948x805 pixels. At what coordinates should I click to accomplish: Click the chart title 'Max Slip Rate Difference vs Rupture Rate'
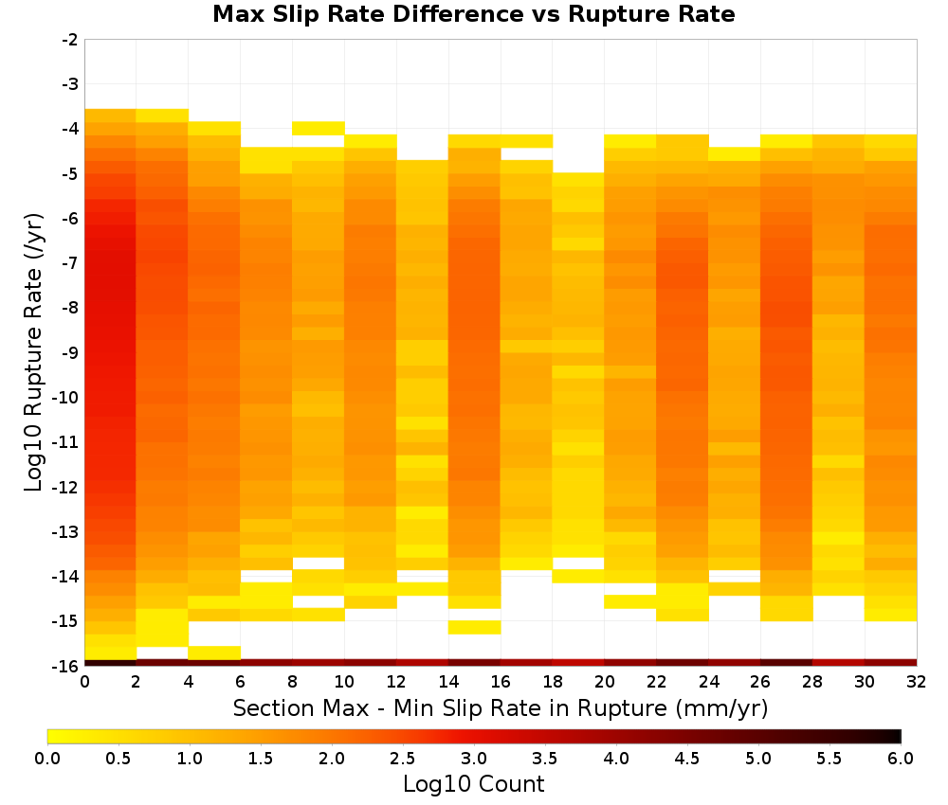pos(473,14)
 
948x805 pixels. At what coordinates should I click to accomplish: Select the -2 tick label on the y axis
pos(71,40)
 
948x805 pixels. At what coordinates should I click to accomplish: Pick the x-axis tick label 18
pos(553,682)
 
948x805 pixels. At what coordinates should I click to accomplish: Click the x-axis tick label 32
pos(917,682)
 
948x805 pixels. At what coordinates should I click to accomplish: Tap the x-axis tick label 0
pos(84,682)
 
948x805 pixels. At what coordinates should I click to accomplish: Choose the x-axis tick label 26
pos(760,682)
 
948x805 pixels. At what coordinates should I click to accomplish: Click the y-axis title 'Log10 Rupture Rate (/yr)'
pos(34,352)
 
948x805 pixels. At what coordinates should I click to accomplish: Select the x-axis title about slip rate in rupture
pos(501,708)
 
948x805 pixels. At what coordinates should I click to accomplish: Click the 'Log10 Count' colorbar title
pos(473,784)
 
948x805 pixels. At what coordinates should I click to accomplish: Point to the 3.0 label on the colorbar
pos(474,759)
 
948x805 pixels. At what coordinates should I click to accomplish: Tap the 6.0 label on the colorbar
pos(901,759)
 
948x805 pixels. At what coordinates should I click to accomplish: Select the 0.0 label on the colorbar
pos(47,759)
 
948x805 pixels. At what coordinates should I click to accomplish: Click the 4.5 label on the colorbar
pos(687,759)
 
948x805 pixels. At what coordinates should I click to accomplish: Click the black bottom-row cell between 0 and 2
pos(111,663)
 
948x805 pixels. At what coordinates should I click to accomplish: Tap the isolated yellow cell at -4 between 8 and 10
pos(319,128)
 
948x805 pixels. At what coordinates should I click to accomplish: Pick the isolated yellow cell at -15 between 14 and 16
pos(475,628)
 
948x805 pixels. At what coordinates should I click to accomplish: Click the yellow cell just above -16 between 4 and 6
pos(214,653)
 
